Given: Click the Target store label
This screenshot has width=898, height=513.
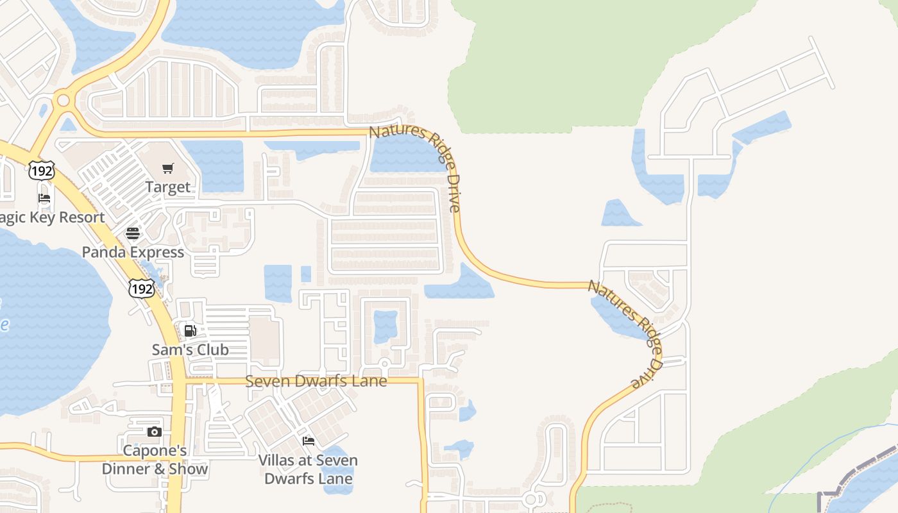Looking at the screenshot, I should pyautogui.click(x=168, y=187).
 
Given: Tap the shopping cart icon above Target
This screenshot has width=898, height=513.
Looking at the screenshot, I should pyautogui.click(x=168, y=169).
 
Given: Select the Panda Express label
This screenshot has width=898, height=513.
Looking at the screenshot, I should pyautogui.click(x=133, y=252).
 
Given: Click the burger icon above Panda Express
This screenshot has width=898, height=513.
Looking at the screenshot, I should pyautogui.click(x=133, y=233).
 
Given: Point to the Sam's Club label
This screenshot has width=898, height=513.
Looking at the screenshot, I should pyautogui.click(x=190, y=349).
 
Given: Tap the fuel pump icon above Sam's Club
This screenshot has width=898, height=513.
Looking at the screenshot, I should pyautogui.click(x=190, y=331).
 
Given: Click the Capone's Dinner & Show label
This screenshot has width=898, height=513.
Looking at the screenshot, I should pyautogui.click(x=155, y=460).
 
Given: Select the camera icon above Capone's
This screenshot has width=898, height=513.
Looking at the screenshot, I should pyautogui.click(x=154, y=432).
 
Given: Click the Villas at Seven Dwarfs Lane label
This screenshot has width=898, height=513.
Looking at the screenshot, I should pyautogui.click(x=308, y=469).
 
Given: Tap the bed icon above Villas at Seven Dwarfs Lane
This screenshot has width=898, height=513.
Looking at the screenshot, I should pyautogui.click(x=308, y=441).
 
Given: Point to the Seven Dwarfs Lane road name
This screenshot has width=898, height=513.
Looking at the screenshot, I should pyautogui.click(x=316, y=381).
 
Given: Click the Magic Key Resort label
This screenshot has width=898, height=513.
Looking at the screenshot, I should pyautogui.click(x=51, y=217).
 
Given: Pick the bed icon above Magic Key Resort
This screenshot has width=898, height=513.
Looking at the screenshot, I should pyautogui.click(x=44, y=198).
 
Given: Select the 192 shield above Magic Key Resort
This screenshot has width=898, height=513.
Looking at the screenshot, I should pyautogui.click(x=41, y=170).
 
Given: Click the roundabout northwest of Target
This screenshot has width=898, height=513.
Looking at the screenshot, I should pyautogui.click(x=63, y=100).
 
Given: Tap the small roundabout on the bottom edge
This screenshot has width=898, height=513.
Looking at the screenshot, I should pyautogui.click(x=530, y=499).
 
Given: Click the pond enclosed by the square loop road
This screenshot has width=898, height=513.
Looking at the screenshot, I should pyautogui.click(x=385, y=326).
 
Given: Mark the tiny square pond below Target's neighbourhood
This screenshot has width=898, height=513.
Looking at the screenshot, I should pyautogui.click(x=306, y=274).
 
